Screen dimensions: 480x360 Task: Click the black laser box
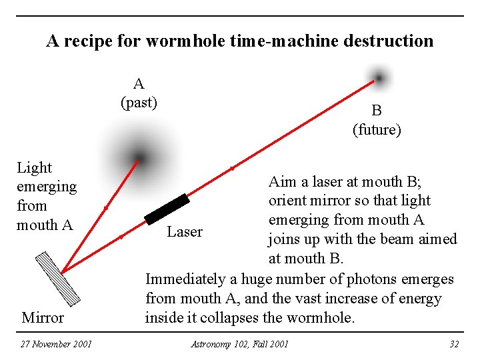(167, 209)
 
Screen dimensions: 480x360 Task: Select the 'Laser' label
(185, 232)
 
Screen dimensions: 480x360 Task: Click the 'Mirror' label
(43, 317)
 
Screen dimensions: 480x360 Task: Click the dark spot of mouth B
(379, 78)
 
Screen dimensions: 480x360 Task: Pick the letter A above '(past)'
(139, 84)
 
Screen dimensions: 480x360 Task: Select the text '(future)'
(377, 129)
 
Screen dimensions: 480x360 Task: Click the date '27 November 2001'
(56, 344)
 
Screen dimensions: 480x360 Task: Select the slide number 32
(455, 344)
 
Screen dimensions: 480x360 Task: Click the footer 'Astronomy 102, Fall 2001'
(240, 344)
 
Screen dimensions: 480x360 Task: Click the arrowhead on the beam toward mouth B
(232, 169)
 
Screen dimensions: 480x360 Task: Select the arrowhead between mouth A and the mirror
(106, 209)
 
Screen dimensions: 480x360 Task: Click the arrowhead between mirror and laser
(121, 237)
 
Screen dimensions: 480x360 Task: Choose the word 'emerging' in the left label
(47, 187)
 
